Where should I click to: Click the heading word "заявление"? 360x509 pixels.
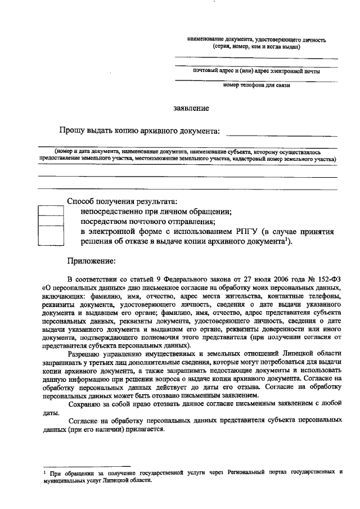tap(191, 108)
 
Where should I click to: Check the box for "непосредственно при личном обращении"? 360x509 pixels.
tap(51, 211)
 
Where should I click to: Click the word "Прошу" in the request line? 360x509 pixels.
tap(72, 131)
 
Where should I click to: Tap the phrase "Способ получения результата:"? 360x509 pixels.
tap(121, 201)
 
